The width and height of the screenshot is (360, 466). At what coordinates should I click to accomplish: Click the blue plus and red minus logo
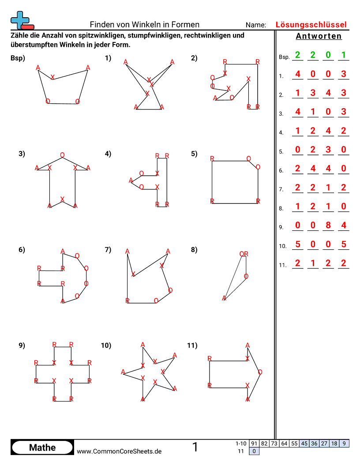[21, 19]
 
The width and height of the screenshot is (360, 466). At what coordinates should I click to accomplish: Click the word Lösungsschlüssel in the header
[311, 25]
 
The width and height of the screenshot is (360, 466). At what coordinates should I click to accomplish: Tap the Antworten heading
[319, 36]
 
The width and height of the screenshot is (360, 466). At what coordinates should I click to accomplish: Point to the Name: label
[256, 25]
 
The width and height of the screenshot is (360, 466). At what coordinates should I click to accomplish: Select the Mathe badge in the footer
[42, 447]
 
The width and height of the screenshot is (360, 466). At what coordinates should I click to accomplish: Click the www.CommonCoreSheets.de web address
[119, 451]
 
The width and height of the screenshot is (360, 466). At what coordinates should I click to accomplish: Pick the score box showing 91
[254, 443]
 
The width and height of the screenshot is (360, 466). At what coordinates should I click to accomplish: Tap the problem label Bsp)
[18, 58]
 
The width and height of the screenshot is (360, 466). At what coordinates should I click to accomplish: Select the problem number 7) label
[108, 250]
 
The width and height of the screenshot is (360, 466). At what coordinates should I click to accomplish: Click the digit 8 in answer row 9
[328, 225]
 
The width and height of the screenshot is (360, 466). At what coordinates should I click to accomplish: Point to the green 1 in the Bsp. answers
[343, 55]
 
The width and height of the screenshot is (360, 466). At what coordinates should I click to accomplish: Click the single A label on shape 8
[224, 298]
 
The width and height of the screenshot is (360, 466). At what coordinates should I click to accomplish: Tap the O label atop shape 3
[62, 155]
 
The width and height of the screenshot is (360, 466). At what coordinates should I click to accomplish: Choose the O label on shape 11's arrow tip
[259, 372]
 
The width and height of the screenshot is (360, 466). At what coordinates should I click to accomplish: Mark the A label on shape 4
[131, 180]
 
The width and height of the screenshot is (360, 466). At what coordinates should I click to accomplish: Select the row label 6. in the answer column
[281, 170]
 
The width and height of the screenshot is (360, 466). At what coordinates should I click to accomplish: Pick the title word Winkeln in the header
[147, 25]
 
